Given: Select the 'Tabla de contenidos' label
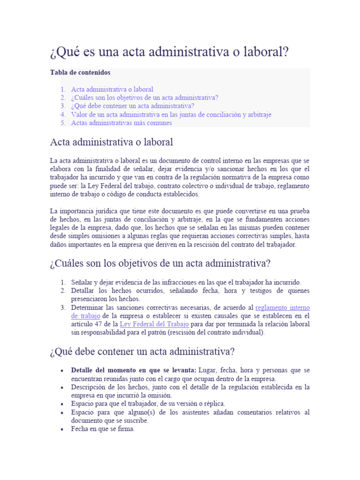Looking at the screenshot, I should (80, 73).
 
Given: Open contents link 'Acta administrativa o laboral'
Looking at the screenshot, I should (112, 89).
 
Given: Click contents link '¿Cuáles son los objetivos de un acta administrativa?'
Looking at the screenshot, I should (144, 97).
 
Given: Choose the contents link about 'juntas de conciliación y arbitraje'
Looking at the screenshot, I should (171, 114).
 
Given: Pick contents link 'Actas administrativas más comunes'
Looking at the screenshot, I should (121, 123).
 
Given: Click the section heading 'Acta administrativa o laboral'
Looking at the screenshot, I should (112, 142).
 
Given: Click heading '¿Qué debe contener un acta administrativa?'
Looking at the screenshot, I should (142, 351).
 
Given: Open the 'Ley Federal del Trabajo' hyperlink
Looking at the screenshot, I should (154, 324).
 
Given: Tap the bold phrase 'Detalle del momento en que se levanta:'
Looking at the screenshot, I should (134, 370).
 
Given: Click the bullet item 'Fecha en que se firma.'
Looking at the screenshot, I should (103, 428).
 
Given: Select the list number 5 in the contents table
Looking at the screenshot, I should (62, 123).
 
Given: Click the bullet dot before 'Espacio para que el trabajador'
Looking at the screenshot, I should (62, 404).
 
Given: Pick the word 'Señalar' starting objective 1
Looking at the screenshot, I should (82, 282).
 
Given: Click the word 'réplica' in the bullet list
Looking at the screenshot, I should (213, 403).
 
